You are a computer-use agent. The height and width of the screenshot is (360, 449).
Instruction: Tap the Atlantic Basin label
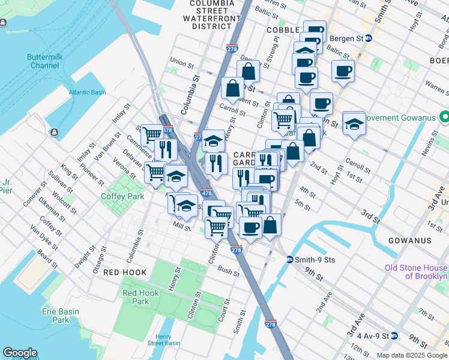click(x=87, y=92)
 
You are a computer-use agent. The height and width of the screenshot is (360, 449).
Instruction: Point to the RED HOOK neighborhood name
click(x=125, y=272)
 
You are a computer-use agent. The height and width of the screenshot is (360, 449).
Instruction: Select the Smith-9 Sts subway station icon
click(x=289, y=260)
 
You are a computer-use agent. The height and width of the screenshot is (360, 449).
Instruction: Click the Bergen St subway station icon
click(x=369, y=38)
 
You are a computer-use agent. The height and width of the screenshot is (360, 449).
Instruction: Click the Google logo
click(x=20, y=353)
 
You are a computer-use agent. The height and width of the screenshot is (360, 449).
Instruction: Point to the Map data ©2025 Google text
click(x=412, y=355)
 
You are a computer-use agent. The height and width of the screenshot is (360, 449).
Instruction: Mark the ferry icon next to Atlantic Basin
click(x=55, y=132)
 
